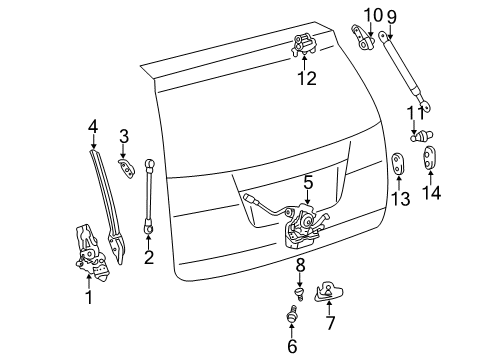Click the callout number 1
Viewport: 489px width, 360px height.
click(x=87, y=297)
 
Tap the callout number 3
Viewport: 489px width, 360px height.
click(x=124, y=136)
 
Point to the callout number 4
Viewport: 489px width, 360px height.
click(x=92, y=126)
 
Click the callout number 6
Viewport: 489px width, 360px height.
click(x=293, y=347)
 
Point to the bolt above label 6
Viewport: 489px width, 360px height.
click(x=293, y=317)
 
